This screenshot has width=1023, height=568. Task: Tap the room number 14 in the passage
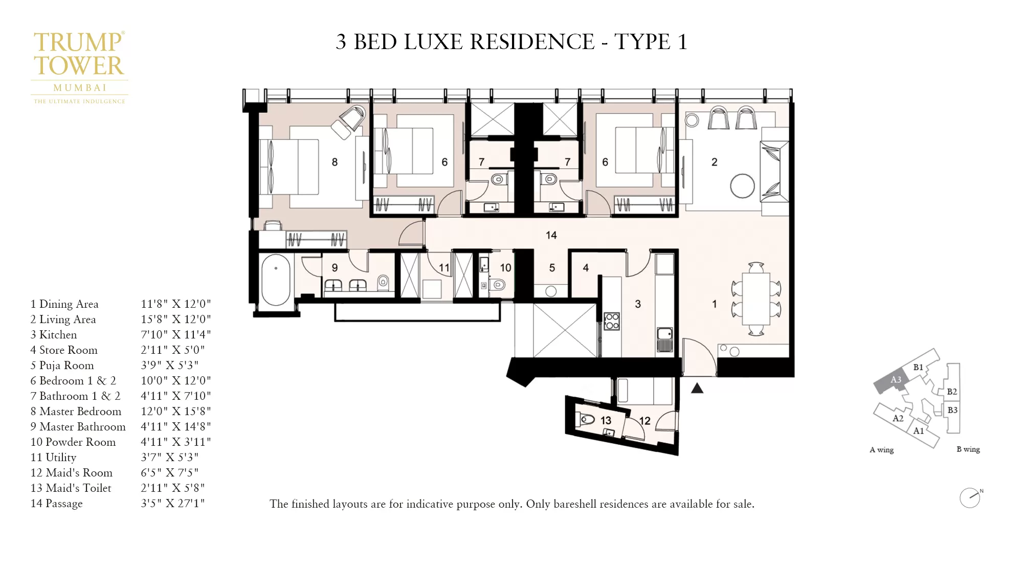coord(551,235)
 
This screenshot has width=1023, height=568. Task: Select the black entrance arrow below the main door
coord(697,389)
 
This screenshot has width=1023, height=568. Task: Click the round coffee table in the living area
coord(742,186)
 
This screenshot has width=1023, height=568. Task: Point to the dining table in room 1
coord(756,299)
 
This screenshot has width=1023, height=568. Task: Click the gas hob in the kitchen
coord(612,321)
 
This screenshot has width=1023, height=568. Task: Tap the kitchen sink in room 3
coord(664,339)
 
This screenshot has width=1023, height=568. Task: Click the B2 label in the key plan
coord(951,392)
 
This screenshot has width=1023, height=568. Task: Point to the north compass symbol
coord(970,497)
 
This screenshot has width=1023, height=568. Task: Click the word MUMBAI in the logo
coord(80,88)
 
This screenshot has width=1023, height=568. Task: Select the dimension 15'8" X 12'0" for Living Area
coord(175,320)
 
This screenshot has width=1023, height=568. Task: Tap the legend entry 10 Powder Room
coord(73,442)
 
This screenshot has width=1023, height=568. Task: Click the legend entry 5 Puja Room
coord(62,366)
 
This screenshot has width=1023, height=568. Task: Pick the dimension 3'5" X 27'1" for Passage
coord(172,504)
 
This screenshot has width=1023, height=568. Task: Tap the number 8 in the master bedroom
coord(335,162)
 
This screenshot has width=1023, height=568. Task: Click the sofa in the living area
coord(774,171)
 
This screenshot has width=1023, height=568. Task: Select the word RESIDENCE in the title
coord(532,42)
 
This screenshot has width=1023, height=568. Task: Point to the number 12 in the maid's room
coord(644,421)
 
